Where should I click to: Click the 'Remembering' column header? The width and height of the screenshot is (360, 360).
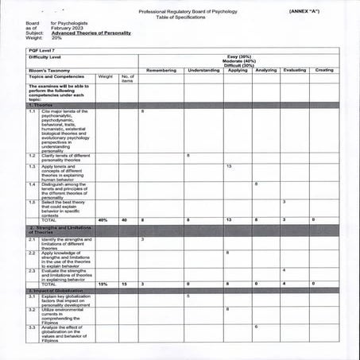coord(161,71)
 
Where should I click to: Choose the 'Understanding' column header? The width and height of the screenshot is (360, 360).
coord(204,71)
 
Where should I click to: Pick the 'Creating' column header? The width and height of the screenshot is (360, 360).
coord(324,71)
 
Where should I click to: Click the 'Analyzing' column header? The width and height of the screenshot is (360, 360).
coord(265,71)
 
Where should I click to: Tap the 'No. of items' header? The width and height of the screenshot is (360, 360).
coord(127,79)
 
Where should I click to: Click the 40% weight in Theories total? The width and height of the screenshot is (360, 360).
coord(103,219)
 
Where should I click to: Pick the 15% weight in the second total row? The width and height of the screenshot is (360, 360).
coord(103,284)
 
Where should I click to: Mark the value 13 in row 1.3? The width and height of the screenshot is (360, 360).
coord(229,165)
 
